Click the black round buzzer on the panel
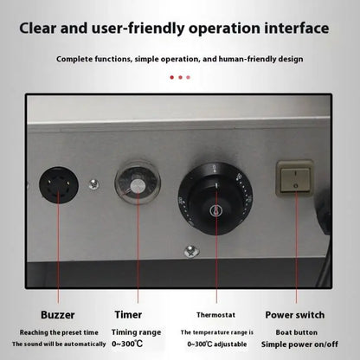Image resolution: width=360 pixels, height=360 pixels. tap(59, 185)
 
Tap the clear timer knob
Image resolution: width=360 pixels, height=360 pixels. tap(137, 181)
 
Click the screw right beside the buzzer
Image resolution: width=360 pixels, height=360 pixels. tap(93, 185)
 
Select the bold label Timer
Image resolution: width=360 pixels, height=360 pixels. tap(129, 315)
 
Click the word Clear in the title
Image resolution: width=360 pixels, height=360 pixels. tap(44, 27)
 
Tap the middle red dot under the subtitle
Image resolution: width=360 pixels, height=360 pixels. tap(179, 77)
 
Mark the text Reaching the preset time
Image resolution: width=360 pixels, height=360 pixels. tap(54, 331)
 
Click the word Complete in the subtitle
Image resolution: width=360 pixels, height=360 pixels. tap(76, 59)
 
